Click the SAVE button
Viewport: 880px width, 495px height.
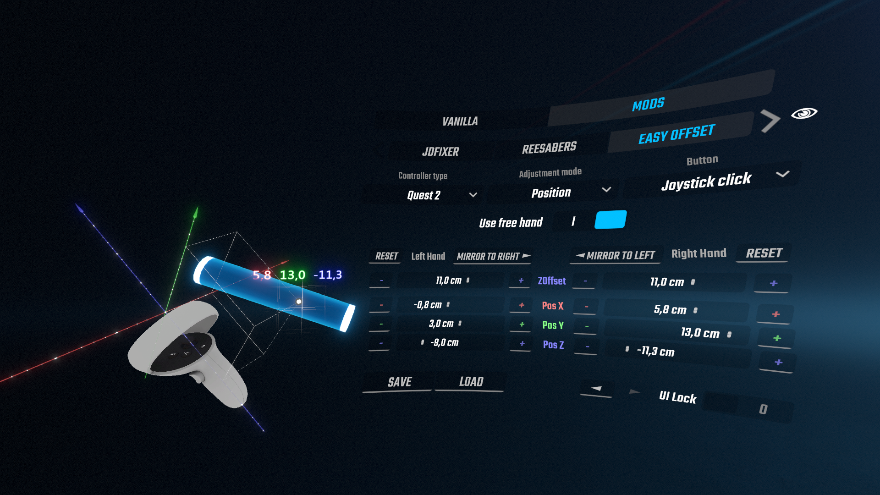pyautogui.click(x=399, y=382)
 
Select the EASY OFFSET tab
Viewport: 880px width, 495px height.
pyautogui.click(x=676, y=133)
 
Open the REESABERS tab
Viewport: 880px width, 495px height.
pyautogui.click(x=549, y=148)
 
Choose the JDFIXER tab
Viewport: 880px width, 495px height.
pyautogui.click(x=440, y=152)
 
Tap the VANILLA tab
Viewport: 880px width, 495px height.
pyautogui.click(x=460, y=121)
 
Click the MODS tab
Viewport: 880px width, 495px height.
pyautogui.click(x=648, y=104)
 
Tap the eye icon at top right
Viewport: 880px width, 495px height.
pyautogui.click(x=804, y=113)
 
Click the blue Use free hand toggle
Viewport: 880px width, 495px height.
pyautogui.click(x=610, y=220)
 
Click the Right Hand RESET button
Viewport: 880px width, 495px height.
pyautogui.click(x=764, y=253)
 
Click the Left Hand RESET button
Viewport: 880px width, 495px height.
pyautogui.click(x=386, y=256)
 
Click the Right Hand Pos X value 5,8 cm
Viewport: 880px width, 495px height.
pyautogui.click(x=670, y=310)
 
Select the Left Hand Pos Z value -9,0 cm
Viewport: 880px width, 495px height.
pyautogui.click(x=444, y=343)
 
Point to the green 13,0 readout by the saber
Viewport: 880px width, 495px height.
pyautogui.click(x=292, y=275)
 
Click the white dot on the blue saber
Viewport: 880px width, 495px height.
pyautogui.click(x=299, y=302)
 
